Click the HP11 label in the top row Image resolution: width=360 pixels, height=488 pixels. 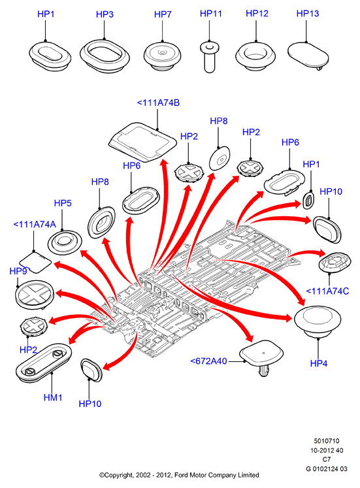(210, 13)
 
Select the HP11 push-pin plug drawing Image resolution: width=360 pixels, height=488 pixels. (209, 57)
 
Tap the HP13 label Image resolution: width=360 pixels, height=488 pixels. (308, 13)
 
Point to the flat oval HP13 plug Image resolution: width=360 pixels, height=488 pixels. (308, 56)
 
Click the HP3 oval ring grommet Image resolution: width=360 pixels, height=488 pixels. (105, 56)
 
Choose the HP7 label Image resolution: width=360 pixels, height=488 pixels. (163, 14)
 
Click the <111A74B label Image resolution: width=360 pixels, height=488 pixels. (158, 103)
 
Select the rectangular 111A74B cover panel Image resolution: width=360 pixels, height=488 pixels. (143, 142)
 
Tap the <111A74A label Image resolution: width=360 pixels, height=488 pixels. (35, 224)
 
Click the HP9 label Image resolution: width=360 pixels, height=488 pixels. (18, 271)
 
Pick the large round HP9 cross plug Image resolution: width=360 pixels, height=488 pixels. (35, 295)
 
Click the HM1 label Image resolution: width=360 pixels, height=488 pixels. (53, 397)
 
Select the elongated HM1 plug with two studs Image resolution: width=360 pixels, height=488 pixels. (44, 363)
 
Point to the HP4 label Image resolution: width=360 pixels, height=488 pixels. (319, 363)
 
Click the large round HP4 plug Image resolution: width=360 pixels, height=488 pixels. (318, 321)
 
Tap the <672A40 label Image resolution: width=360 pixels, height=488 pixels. (208, 361)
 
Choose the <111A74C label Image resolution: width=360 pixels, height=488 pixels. (327, 291)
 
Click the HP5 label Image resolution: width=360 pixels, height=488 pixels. (63, 203)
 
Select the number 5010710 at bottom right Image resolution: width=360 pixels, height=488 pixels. (327, 441)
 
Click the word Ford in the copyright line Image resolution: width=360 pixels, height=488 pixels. (181, 475)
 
